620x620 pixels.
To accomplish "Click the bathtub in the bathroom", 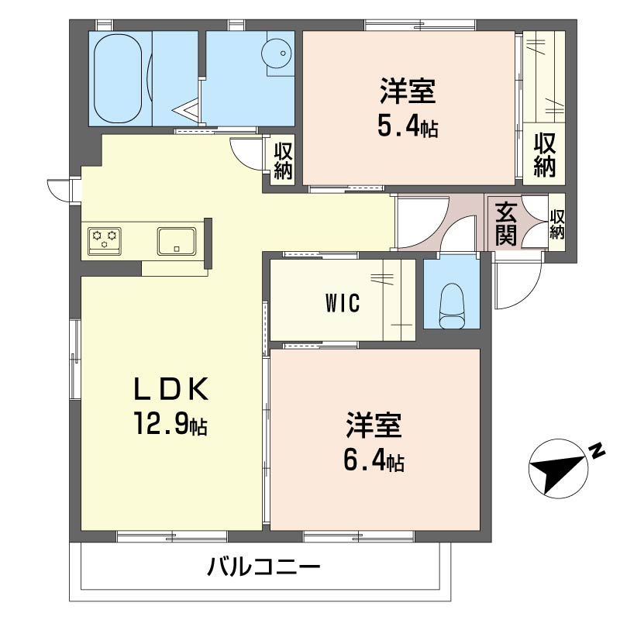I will [x=119, y=77].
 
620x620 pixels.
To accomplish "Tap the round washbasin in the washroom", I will [x=277, y=54].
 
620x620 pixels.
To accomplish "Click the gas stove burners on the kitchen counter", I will [x=105, y=239].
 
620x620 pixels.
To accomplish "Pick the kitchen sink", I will [x=177, y=240].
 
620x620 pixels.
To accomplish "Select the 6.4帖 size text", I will [x=374, y=461].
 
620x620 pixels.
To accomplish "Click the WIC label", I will [x=342, y=304].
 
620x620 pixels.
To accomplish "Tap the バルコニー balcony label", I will [x=263, y=569].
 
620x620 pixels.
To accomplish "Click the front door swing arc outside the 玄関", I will [x=515, y=287].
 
